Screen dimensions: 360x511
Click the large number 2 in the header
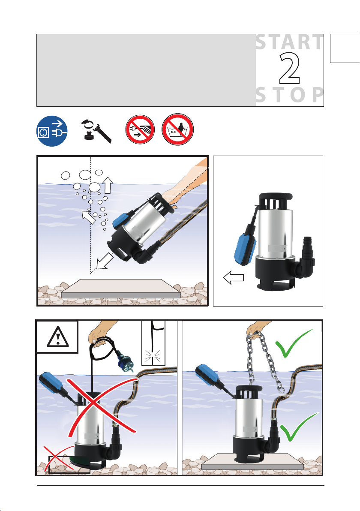[x=289, y=69]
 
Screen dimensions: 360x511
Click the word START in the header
[x=289, y=42]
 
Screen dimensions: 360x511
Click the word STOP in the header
[x=289, y=95]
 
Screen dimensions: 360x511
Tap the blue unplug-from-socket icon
[x=52, y=131]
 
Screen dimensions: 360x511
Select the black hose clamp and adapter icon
[x=96, y=131]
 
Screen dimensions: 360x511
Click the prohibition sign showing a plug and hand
[x=140, y=129]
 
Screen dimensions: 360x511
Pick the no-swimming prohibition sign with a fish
[x=177, y=129]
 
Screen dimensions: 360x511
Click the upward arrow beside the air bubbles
[x=108, y=186]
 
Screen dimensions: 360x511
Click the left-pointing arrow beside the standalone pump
[x=234, y=278]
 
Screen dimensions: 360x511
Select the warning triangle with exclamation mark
[x=58, y=337]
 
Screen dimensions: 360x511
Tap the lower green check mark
[x=299, y=427]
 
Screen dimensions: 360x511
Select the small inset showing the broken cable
[x=153, y=343]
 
